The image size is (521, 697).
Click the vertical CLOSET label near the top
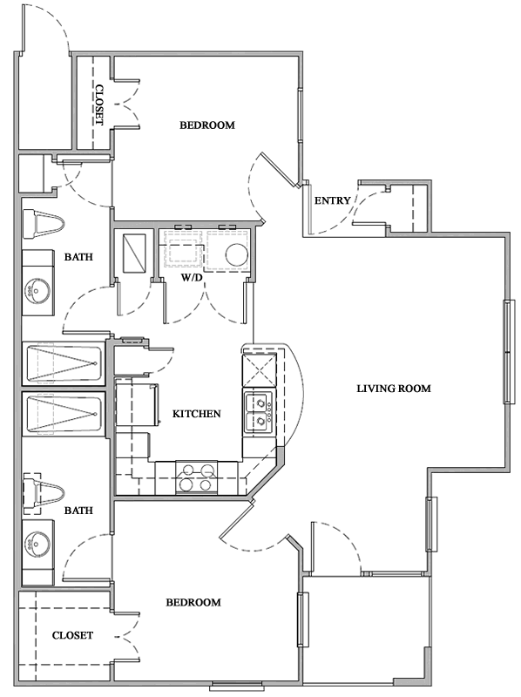point(98,105)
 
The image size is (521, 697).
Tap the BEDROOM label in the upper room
point(207,125)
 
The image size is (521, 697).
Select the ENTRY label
point(332,200)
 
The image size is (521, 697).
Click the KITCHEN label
point(196,414)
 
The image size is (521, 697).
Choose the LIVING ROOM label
point(394,388)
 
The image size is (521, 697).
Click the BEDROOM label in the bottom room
point(193,602)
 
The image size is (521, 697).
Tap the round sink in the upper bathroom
point(37,289)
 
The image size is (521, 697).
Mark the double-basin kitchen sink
point(259,413)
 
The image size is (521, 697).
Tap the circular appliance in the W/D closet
point(236,254)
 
